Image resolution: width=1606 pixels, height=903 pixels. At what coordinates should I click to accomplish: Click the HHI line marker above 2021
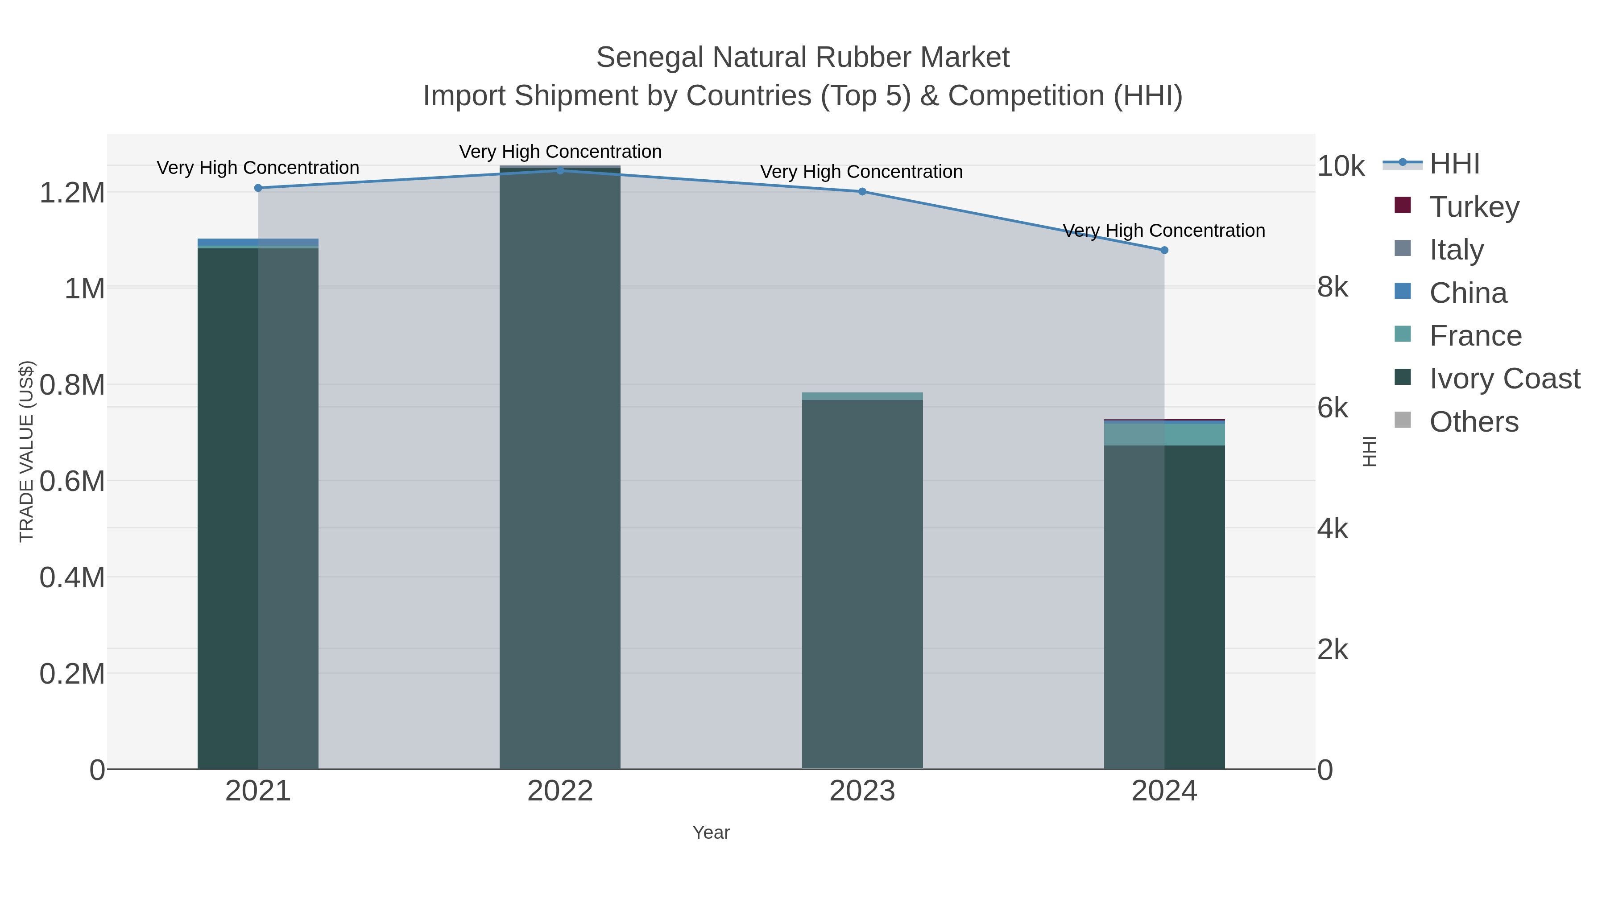258,188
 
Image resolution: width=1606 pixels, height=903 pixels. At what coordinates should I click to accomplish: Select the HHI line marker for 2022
560,170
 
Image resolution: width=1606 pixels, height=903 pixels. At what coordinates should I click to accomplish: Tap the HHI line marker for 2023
862,191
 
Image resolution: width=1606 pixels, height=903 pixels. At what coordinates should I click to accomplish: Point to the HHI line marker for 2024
1164,250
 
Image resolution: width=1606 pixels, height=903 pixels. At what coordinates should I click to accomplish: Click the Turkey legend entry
1474,206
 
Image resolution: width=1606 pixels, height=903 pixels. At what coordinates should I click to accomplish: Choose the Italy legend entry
1457,249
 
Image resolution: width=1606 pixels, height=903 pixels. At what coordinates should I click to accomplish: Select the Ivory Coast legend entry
1504,378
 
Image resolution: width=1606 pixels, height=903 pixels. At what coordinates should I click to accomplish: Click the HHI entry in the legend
1454,164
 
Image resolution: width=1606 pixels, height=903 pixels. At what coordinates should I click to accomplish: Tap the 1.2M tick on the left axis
72,193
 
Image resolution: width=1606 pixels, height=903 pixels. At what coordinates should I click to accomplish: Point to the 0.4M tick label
72,577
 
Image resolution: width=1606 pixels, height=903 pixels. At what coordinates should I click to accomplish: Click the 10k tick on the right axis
1341,166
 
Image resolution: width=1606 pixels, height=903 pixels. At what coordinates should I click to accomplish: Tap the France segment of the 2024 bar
1164,434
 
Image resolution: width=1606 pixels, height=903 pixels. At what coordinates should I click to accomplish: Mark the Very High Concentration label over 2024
1163,231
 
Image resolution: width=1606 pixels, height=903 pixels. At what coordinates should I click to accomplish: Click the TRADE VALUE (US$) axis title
27,451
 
